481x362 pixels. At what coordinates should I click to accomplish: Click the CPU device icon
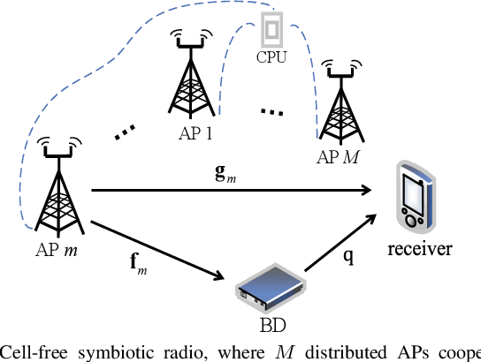(x=273, y=33)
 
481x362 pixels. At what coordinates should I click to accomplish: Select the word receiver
(x=419, y=249)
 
